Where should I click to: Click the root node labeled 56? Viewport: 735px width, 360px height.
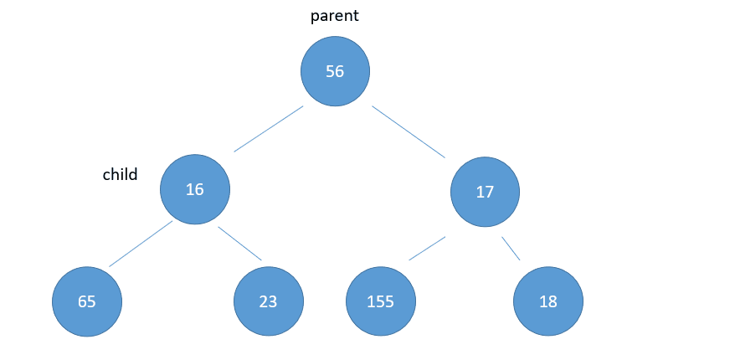point(335,71)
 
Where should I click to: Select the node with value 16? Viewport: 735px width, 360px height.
point(195,189)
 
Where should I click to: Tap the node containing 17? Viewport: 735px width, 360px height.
point(486,192)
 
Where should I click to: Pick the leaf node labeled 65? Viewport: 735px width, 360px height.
point(87,301)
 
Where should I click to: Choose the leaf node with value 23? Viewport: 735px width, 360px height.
point(269,301)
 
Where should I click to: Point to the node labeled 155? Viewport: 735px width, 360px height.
point(381,301)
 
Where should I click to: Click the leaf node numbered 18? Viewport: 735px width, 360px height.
point(548,301)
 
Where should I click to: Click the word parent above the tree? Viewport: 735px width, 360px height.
point(335,16)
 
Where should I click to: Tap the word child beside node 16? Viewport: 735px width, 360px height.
point(120,174)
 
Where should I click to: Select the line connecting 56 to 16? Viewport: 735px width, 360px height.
point(269,129)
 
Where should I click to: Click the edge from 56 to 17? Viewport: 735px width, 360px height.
point(409,131)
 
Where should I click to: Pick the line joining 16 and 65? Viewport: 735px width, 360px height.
point(141,244)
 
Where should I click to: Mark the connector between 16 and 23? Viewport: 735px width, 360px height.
point(239,244)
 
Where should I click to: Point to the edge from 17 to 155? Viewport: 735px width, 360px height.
point(427,249)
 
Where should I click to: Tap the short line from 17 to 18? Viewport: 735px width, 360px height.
point(511,249)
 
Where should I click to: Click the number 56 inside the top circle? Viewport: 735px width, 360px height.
point(335,72)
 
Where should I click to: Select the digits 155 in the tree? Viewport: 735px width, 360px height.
point(381,302)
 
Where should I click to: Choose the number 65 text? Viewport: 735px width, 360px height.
point(87,302)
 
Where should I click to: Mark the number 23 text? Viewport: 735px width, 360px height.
point(269,302)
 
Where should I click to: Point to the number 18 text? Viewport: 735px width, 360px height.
point(548,302)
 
